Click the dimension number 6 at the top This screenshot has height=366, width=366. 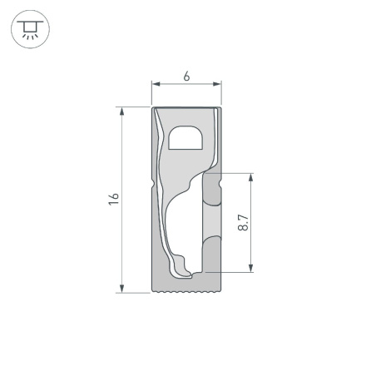(186, 76)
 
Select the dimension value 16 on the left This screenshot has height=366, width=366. (114, 199)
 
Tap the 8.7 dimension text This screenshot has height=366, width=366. (242, 222)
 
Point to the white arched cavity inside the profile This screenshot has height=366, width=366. (185, 138)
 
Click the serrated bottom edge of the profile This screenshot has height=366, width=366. (186, 292)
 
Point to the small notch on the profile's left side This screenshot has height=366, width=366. (152, 185)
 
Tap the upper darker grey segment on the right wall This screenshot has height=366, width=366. (213, 190)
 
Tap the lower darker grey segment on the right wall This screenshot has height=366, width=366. (213, 253)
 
